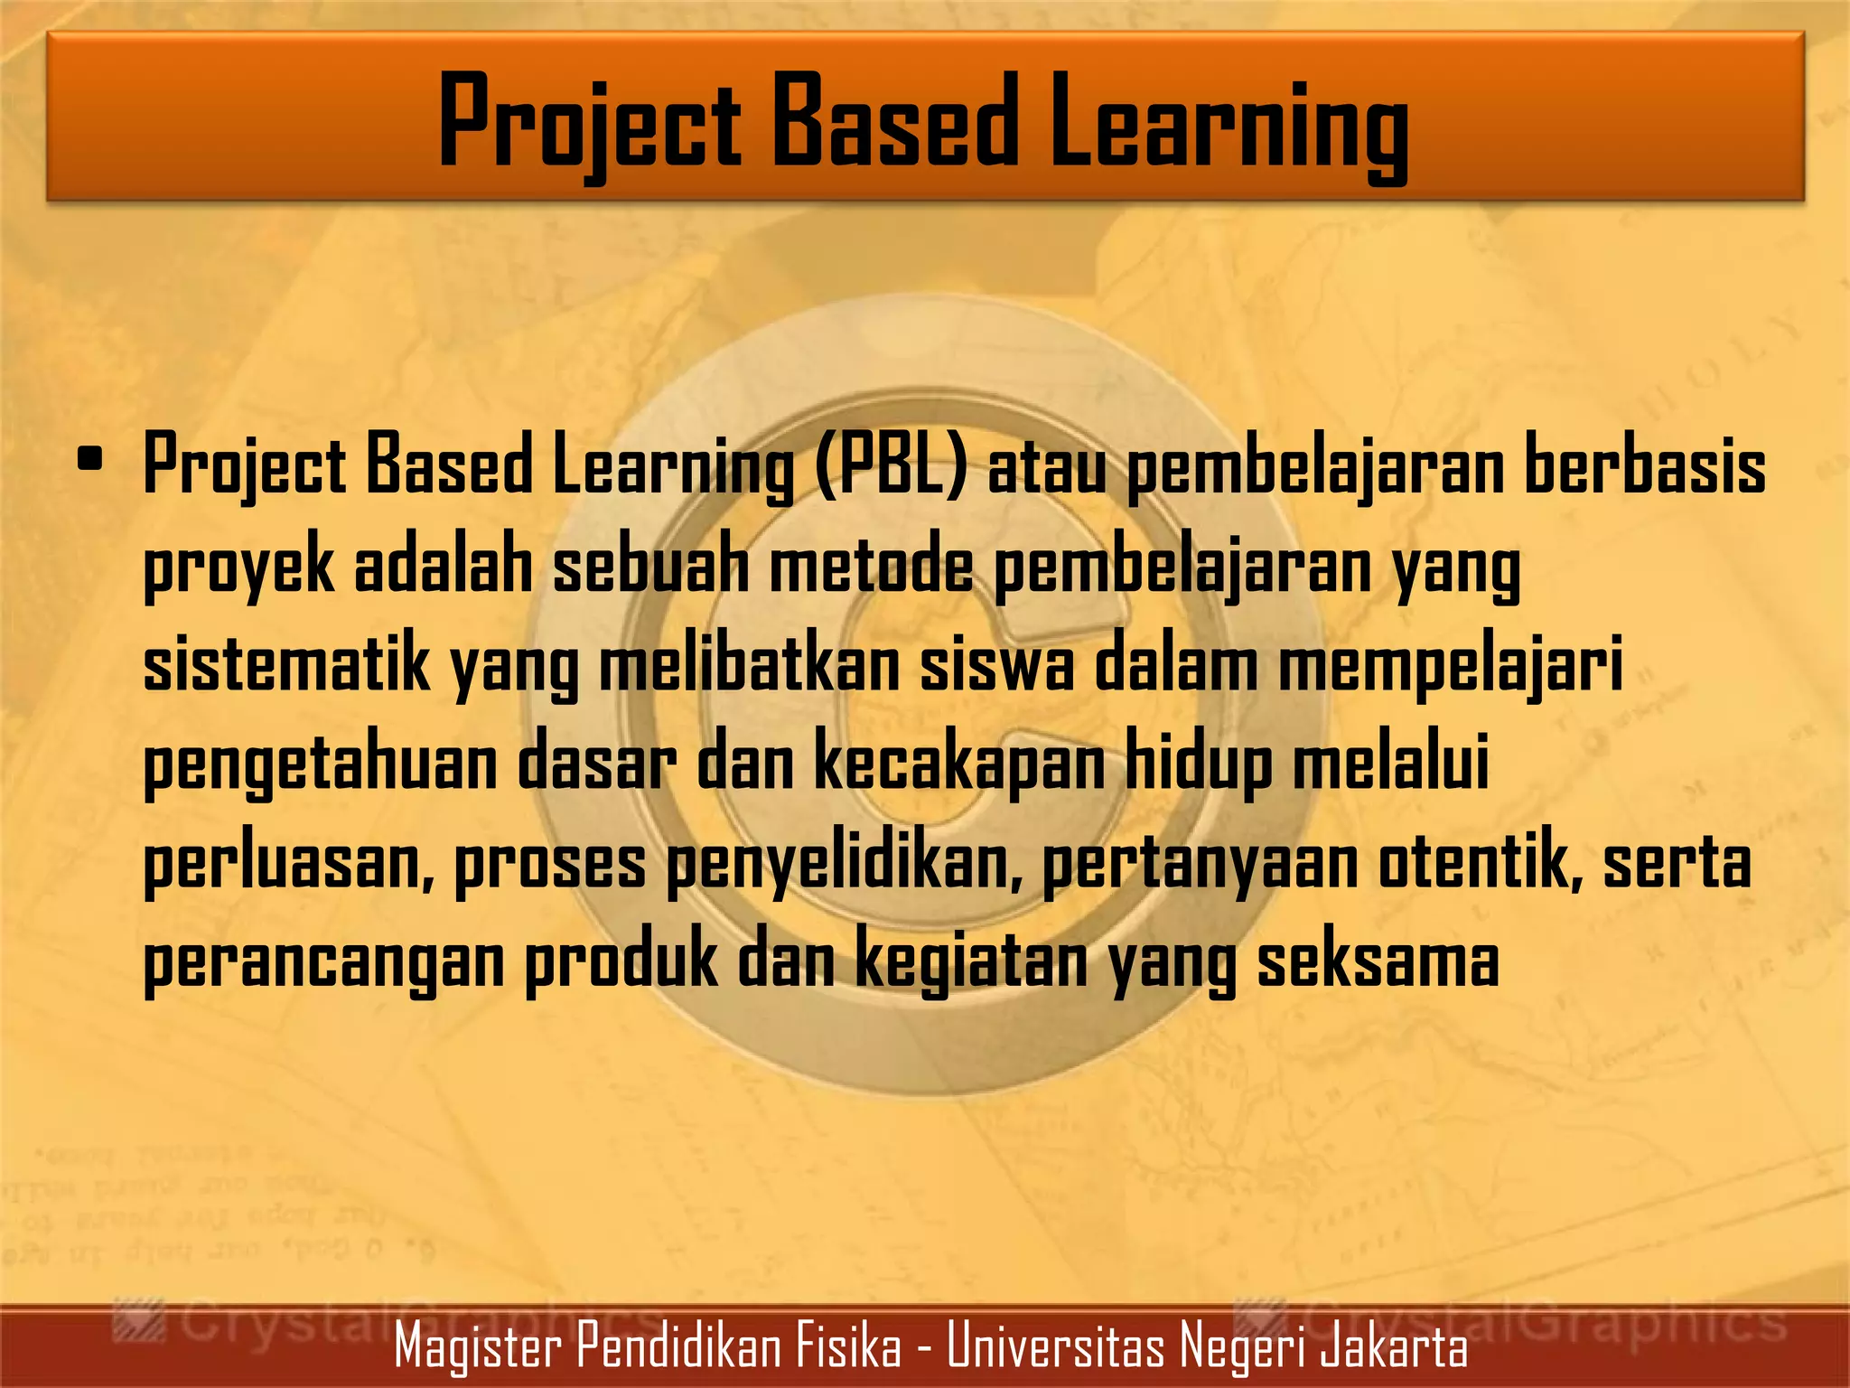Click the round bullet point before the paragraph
click(89, 460)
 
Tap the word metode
click(871, 567)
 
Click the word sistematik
click(286, 664)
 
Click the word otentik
click(1482, 862)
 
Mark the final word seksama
click(1378, 961)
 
